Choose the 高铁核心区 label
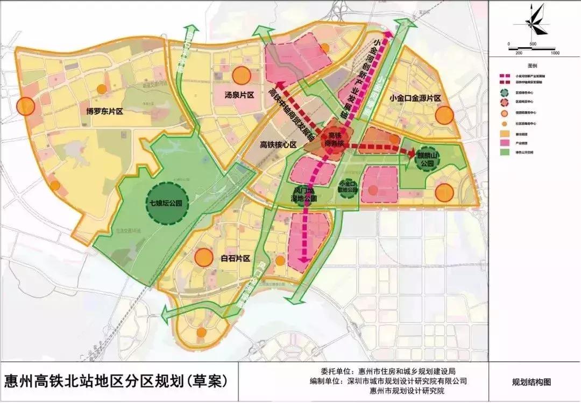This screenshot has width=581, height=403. [278, 145]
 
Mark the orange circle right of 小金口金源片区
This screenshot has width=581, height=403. [445, 115]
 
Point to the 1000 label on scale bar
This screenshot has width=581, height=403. [555, 53]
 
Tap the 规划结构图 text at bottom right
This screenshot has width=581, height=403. [532, 383]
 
